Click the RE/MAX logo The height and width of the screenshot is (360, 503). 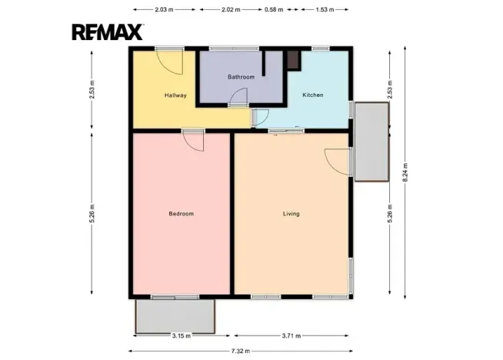(108, 32)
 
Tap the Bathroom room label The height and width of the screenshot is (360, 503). (242, 77)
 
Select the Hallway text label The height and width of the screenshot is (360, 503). (175, 95)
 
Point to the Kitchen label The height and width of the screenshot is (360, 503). (313, 95)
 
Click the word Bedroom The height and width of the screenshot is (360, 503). (182, 214)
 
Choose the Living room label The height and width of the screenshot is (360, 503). (291, 214)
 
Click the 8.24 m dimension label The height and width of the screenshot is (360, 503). (405, 172)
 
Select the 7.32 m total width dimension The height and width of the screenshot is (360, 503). (241, 351)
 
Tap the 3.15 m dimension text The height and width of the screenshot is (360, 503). (182, 336)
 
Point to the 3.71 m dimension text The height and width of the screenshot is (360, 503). (291, 336)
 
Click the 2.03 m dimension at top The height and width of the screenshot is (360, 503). (164, 10)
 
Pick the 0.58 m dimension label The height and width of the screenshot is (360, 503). (274, 10)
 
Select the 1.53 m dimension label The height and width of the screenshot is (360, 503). (325, 10)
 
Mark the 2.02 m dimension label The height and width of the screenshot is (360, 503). (231, 10)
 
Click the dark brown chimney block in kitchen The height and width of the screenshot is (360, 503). (293, 60)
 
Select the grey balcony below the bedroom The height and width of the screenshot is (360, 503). (175, 316)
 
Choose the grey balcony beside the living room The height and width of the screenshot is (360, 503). (371, 142)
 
